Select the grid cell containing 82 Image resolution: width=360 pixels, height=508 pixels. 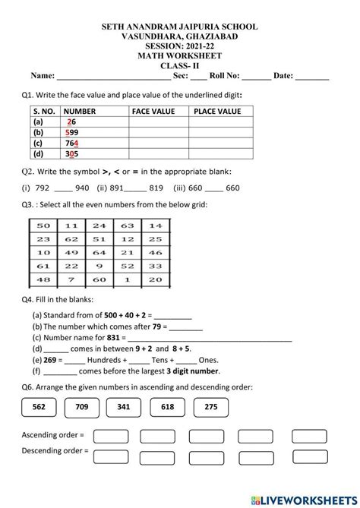tap(98, 266)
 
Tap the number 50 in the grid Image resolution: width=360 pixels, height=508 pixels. tap(43, 225)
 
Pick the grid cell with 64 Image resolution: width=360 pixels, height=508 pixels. tap(98, 252)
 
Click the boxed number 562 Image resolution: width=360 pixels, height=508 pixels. tap(39, 407)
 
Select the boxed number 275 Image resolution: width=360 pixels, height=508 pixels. tap(212, 407)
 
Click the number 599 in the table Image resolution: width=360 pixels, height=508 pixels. tap(72, 131)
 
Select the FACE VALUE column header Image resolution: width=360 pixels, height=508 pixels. tap(153, 111)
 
